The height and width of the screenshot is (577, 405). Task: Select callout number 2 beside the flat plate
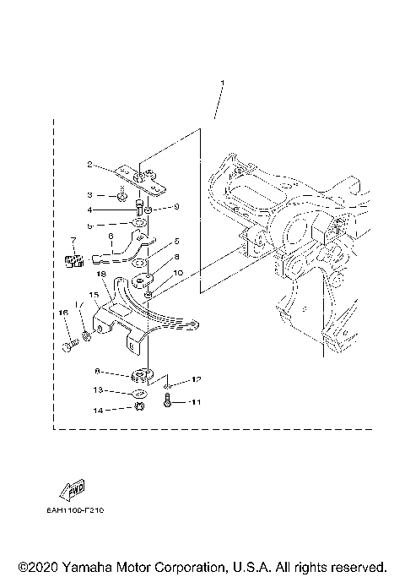(x=111, y=165)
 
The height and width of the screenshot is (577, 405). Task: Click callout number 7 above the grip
(x=74, y=241)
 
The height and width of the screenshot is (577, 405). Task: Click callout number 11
(x=196, y=402)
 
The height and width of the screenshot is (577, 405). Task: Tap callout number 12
(x=196, y=378)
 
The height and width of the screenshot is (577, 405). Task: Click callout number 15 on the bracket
(x=94, y=296)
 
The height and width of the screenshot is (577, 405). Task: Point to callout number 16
(x=62, y=313)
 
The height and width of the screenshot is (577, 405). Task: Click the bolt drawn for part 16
(x=70, y=345)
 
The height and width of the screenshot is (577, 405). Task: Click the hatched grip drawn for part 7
(x=73, y=260)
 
